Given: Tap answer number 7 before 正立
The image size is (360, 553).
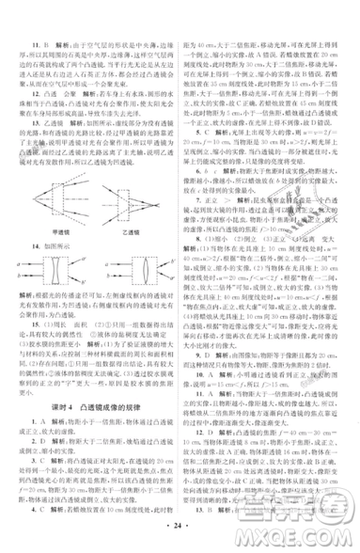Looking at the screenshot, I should tap(197, 174).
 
